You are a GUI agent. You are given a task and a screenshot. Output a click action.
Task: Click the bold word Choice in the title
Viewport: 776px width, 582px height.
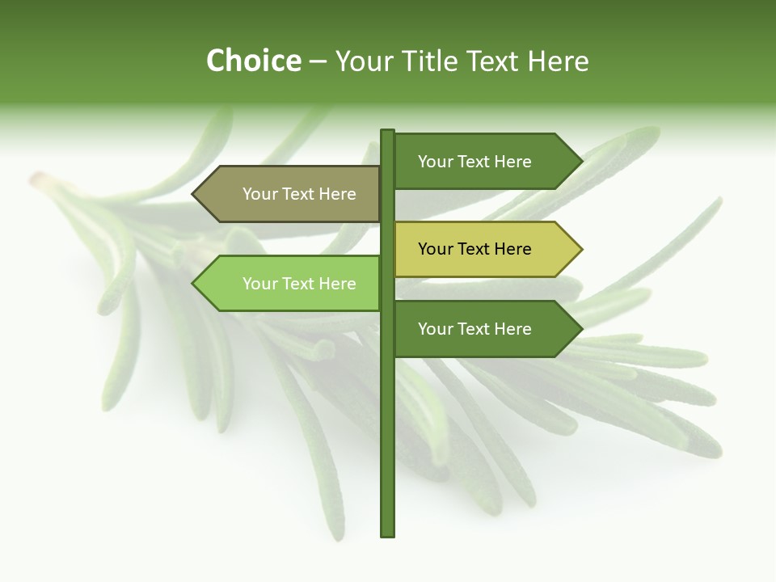point(253,61)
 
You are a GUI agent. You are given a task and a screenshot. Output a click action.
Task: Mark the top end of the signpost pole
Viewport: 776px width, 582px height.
point(387,132)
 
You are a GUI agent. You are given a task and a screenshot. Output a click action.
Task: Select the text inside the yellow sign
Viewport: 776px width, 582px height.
point(474,249)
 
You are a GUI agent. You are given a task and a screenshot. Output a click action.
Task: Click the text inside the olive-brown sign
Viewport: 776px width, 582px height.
point(299,194)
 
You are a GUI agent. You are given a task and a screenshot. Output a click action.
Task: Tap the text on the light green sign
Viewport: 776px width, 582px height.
point(299,284)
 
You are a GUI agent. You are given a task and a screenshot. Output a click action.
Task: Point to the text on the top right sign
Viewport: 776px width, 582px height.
point(474,162)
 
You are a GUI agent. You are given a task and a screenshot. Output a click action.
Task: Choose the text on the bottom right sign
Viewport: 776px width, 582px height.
point(474,329)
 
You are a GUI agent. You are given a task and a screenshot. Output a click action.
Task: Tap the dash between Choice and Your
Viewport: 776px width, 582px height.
point(318,61)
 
